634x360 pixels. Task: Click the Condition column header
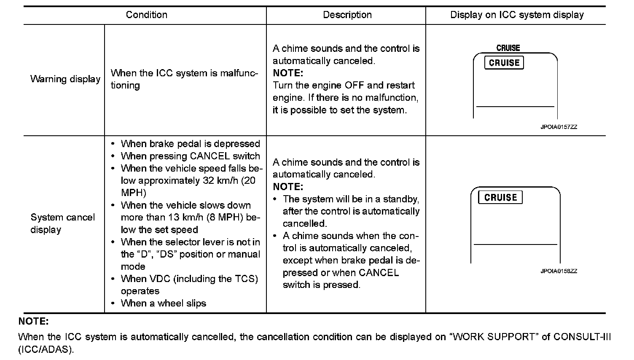[146, 15]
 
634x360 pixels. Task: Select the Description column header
[347, 15]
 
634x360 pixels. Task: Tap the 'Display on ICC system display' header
[517, 15]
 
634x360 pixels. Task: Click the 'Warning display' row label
[65, 79]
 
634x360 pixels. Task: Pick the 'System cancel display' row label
[62, 223]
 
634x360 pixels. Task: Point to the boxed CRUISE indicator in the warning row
[504, 63]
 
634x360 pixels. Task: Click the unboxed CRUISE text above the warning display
[508, 48]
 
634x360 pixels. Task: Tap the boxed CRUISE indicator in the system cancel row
[500, 197]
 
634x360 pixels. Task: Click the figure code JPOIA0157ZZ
[559, 127]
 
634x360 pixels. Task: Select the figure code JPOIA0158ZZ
[559, 271]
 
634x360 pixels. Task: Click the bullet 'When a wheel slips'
[163, 303]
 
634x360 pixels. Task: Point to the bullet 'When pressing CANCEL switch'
[190, 156]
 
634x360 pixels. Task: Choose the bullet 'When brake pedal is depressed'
[190, 144]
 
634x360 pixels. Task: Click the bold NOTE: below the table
[34, 322]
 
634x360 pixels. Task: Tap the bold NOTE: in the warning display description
[288, 73]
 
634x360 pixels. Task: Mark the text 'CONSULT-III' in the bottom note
[582, 337]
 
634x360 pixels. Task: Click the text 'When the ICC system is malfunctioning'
[184, 79]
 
